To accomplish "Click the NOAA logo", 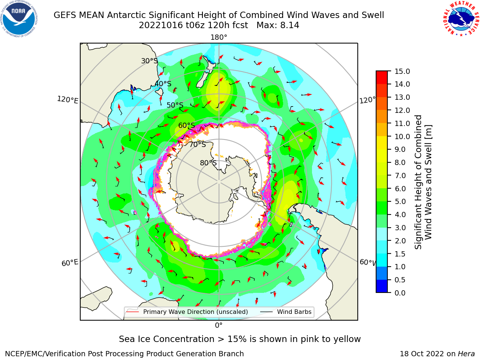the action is [x=19, y=19].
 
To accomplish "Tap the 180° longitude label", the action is [x=219, y=37].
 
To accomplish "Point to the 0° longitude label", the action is [x=219, y=325].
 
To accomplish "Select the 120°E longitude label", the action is [x=67, y=100].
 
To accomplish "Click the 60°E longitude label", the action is [x=70, y=263].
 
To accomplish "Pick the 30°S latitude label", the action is [x=149, y=61].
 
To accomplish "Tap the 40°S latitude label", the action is [x=163, y=84].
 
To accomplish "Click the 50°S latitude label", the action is [x=175, y=105].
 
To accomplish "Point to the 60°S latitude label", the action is [x=186, y=126].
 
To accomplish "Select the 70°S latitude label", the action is [x=198, y=145].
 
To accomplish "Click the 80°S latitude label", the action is [x=208, y=163].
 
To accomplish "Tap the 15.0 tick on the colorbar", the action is [x=402, y=71].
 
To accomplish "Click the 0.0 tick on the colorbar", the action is [x=400, y=293].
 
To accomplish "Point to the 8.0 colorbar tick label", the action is [x=400, y=163].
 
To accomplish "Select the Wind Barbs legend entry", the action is [x=285, y=312].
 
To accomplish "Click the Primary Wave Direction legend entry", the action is [x=187, y=312].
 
